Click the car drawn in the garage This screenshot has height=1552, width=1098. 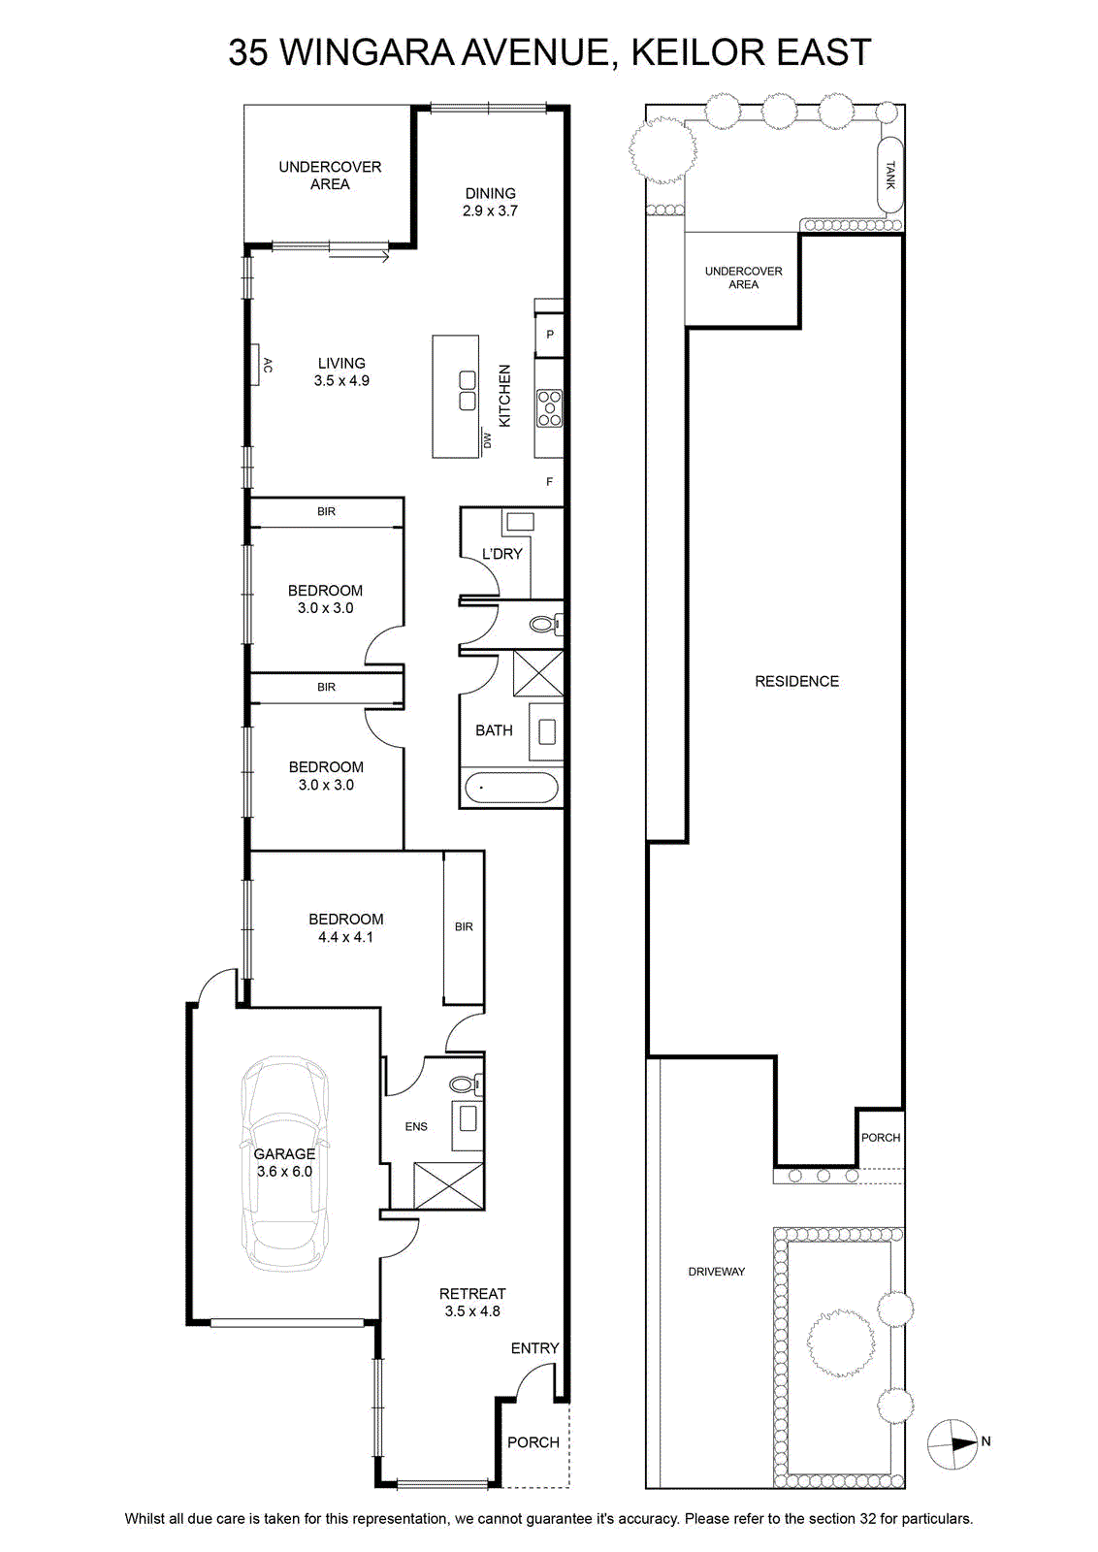point(285,1163)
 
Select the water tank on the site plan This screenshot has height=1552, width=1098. point(890,174)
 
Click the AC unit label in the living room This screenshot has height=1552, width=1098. point(268,365)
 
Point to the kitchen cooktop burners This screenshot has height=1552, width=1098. point(550,408)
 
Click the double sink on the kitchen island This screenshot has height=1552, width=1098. point(468,391)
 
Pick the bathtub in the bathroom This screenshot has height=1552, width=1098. point(511,787)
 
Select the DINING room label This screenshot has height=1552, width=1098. point(491,193)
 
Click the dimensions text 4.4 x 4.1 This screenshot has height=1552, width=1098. point(345,937)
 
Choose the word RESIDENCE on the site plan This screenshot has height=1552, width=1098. point(796,681)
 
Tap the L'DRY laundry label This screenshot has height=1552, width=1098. point(502,554)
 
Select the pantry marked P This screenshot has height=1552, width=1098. point(549,336)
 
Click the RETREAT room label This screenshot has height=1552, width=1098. point(472,1294)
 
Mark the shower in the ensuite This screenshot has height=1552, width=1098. point(449,1186)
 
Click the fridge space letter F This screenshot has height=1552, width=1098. point(550,481)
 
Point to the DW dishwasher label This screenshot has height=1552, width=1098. point(487,440)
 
